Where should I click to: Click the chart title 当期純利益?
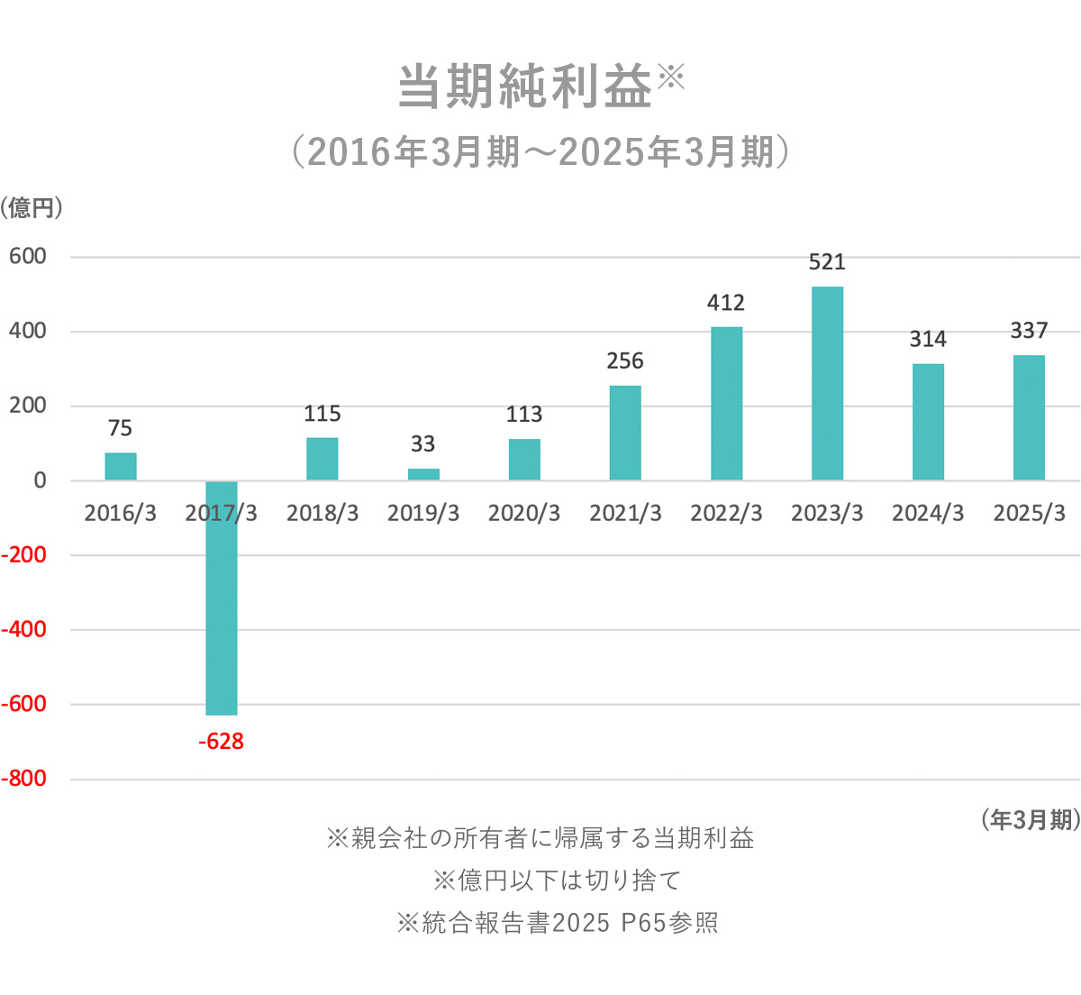click(525, 87)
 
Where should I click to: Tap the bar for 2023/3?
click(827, 383)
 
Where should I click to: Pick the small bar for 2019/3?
click(423, 474)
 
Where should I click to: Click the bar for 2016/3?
click(121, 466)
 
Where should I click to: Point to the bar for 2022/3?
click(726, 403)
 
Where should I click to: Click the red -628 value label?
click(221, 742)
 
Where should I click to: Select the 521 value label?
click(827, 262)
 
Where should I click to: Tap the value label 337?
click(1029, 331)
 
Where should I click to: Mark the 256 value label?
click(625, 361)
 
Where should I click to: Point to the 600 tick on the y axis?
click(28, 257)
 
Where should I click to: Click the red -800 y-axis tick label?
click(24, 779)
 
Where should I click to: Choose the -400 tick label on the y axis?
click(24, 629)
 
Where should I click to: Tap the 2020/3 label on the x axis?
click(524, 514)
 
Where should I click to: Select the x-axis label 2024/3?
click(928, 514)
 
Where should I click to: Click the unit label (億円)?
click(32, 208)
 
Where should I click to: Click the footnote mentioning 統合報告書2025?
click(558, 923)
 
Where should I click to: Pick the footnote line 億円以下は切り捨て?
click(558, 880)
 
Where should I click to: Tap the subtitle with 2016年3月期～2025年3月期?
click(540, 152)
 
